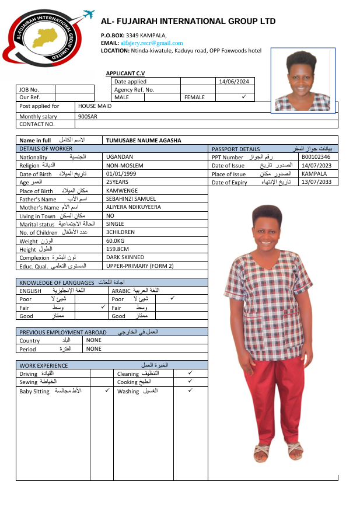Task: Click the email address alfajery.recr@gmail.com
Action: coord(152,43)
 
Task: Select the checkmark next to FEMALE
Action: coord(243,97)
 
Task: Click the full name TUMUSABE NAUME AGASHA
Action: coord(144,141)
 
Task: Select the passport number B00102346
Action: coord(316,157)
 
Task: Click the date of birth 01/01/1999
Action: coord(121,174)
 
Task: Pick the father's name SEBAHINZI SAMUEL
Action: coord(131,199)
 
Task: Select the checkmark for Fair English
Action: coord(103,307)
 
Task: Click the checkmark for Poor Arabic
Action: coord(172,298)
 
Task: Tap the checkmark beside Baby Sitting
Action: coord(107,390)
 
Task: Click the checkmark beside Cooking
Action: coord(190,381)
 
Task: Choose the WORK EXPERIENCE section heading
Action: coord(44,365)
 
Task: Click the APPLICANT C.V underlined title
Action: coord(125,73)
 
